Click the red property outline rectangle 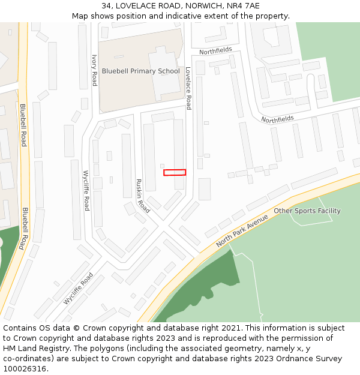[175, 173]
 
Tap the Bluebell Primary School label [140, 71]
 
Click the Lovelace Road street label [188, 88]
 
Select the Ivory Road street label [94, 70]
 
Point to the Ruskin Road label [142, 196]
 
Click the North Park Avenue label [242, 231]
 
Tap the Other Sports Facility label [307, 211]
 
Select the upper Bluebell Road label [23, 125]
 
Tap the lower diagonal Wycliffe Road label [79, 289]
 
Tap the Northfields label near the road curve [277, 119]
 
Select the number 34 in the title [106, 6]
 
